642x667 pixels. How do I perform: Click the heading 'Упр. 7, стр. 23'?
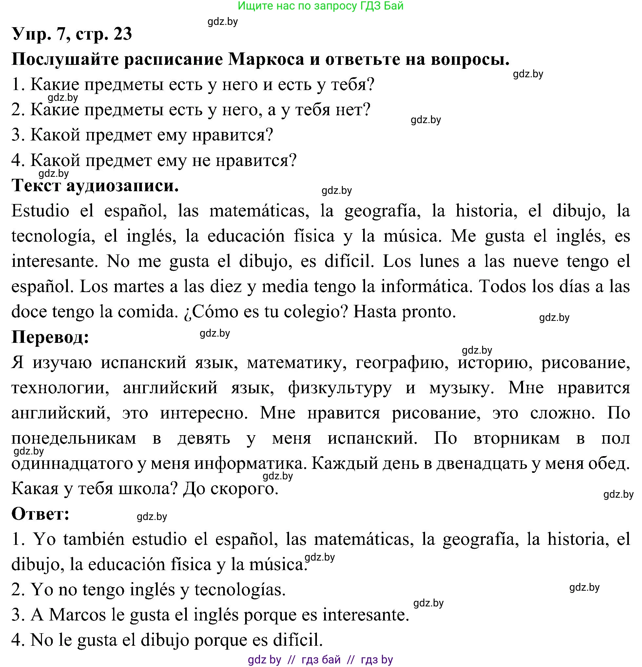pos(72,34)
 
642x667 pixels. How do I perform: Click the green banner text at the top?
pos(321,6)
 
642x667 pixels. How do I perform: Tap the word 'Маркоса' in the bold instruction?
pos(266,60)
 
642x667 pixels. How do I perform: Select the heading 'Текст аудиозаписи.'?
pos(95,186)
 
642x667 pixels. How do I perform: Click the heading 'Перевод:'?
pos(50,337)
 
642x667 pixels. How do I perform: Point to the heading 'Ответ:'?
pos(41,514)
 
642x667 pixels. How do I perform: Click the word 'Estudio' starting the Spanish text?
pos(40,211)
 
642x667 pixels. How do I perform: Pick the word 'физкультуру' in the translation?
pos(340,388)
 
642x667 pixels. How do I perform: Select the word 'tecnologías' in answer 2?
pos(240,590)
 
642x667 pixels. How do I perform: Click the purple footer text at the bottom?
pos(321,660)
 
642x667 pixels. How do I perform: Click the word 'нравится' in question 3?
pos(232,135)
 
